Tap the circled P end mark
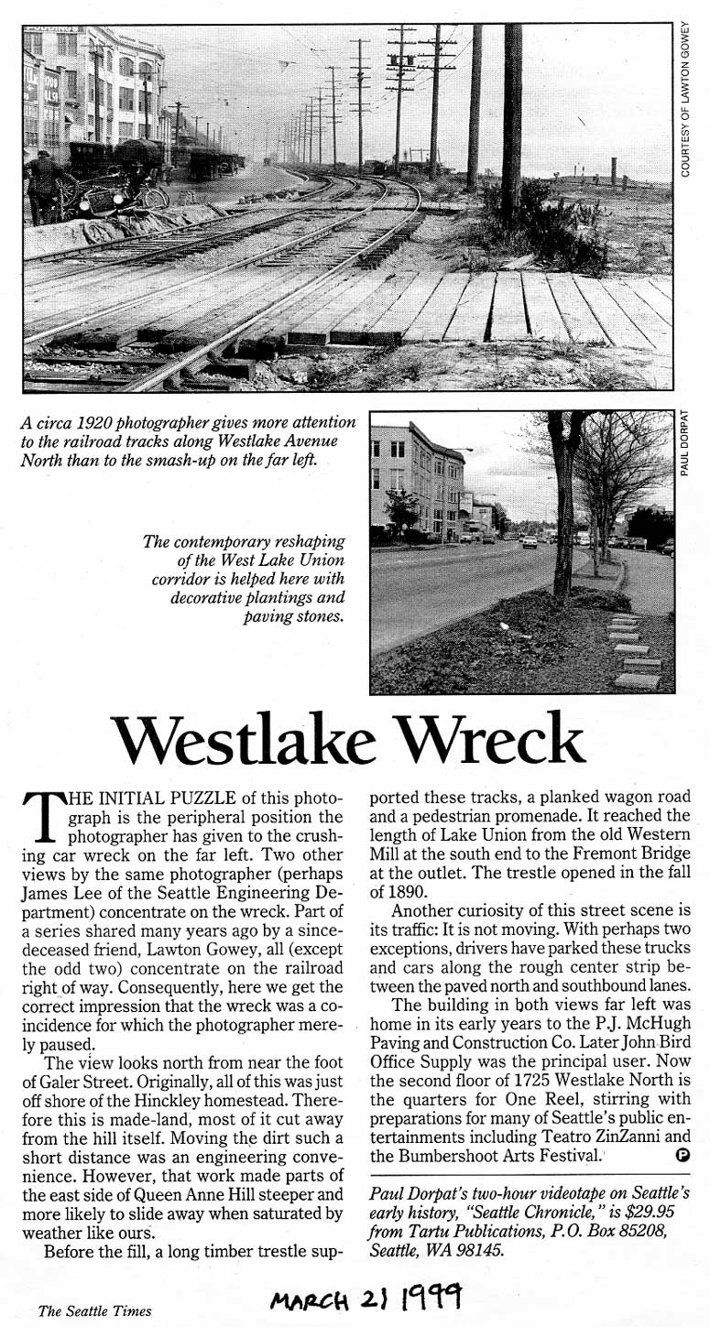682,1155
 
